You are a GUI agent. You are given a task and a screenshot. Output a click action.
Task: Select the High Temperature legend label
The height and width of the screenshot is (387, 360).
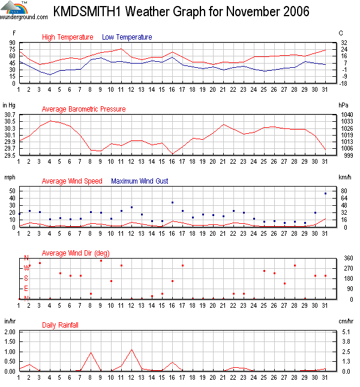pyautogui.click(x=67, y=37)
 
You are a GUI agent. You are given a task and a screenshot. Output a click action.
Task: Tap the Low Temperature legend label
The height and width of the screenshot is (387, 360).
pyautogui.click(x=127, y=37)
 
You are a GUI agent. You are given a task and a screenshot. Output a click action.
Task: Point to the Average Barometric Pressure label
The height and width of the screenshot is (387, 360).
pyautogui.click(x=83, y=109)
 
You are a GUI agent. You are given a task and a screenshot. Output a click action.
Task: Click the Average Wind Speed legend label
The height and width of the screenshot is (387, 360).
pyautogui.click(x=72, y=181)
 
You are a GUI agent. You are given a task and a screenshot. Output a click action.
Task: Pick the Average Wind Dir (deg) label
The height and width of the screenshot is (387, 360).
pyautogui.click(x=75, y=253)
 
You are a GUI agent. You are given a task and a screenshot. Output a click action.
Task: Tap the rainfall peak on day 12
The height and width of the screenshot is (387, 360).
pyautogui.click(x=131, y=349)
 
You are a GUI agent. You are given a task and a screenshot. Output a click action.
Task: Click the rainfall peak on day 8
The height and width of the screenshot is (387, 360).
pyautogui.click(x=91, y=352)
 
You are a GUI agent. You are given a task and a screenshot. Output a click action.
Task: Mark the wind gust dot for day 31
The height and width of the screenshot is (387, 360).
pyautogui.click(x=325, y=193)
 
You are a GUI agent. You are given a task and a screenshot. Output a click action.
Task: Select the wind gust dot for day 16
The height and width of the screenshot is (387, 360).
pyautogui.click(x=172, y=202)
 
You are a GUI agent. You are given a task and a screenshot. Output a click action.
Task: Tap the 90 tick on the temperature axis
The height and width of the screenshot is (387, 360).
pyautogui.click(x=12, y=43)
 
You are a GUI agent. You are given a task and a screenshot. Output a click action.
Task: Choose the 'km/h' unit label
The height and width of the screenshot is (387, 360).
pyautogui.click(x=344, y=178)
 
